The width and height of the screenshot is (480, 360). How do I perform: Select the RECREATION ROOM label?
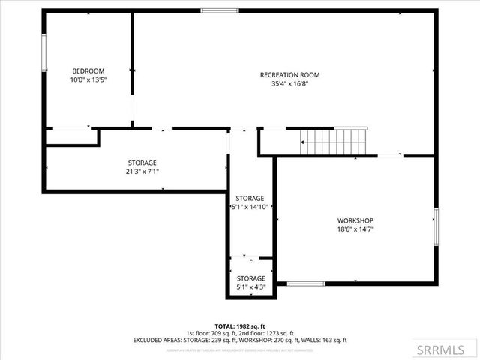(289, 74)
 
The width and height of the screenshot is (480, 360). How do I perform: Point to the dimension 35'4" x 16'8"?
(289, 84)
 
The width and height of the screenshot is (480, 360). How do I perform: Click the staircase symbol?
(332, 141)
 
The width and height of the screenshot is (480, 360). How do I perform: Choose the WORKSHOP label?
(355, 220)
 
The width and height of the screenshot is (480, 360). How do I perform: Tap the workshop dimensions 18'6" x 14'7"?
(355, 229)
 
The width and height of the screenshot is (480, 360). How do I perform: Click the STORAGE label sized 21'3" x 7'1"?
(142, 163)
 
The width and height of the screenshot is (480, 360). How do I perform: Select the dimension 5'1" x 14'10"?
(250, 207)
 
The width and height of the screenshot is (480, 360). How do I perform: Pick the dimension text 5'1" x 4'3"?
(250, 287)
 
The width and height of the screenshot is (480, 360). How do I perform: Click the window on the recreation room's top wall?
(220, 10)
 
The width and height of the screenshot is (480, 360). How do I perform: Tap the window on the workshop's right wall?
(436, 226)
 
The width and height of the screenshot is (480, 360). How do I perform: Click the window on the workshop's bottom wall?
(306, 283)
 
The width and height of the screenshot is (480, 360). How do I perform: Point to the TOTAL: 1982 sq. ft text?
(240, 324)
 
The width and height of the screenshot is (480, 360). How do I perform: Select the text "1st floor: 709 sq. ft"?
(214, 332)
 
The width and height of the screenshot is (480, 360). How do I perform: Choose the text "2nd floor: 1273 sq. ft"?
(268, 332)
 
